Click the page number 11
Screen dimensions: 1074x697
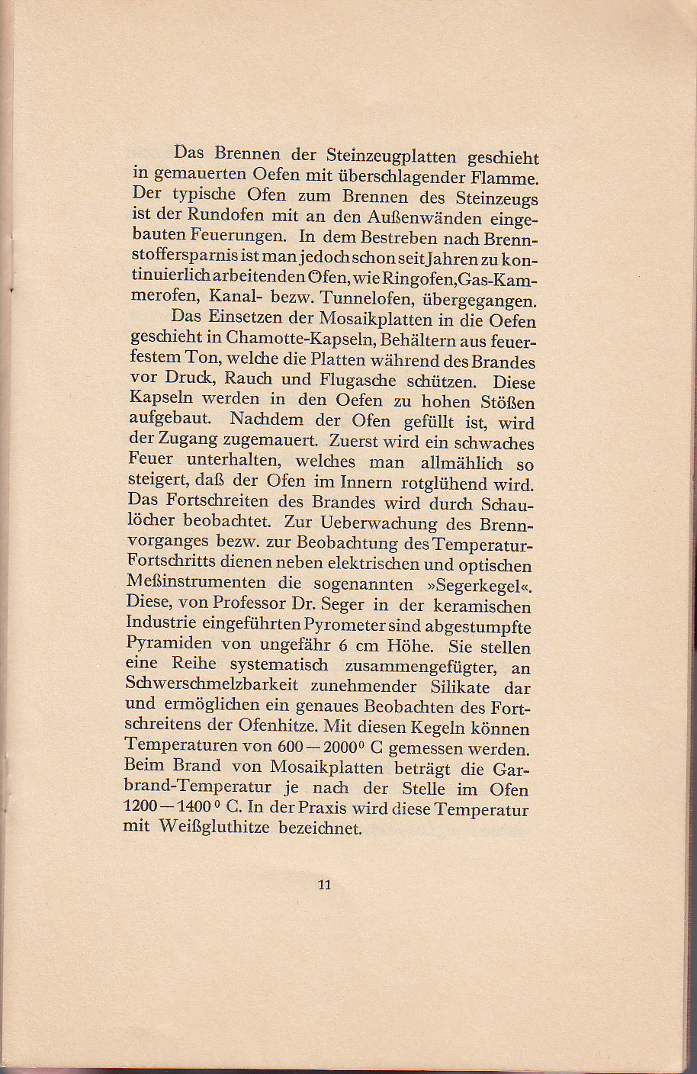pos(324,885)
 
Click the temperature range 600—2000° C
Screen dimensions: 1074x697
pos(357,748)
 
